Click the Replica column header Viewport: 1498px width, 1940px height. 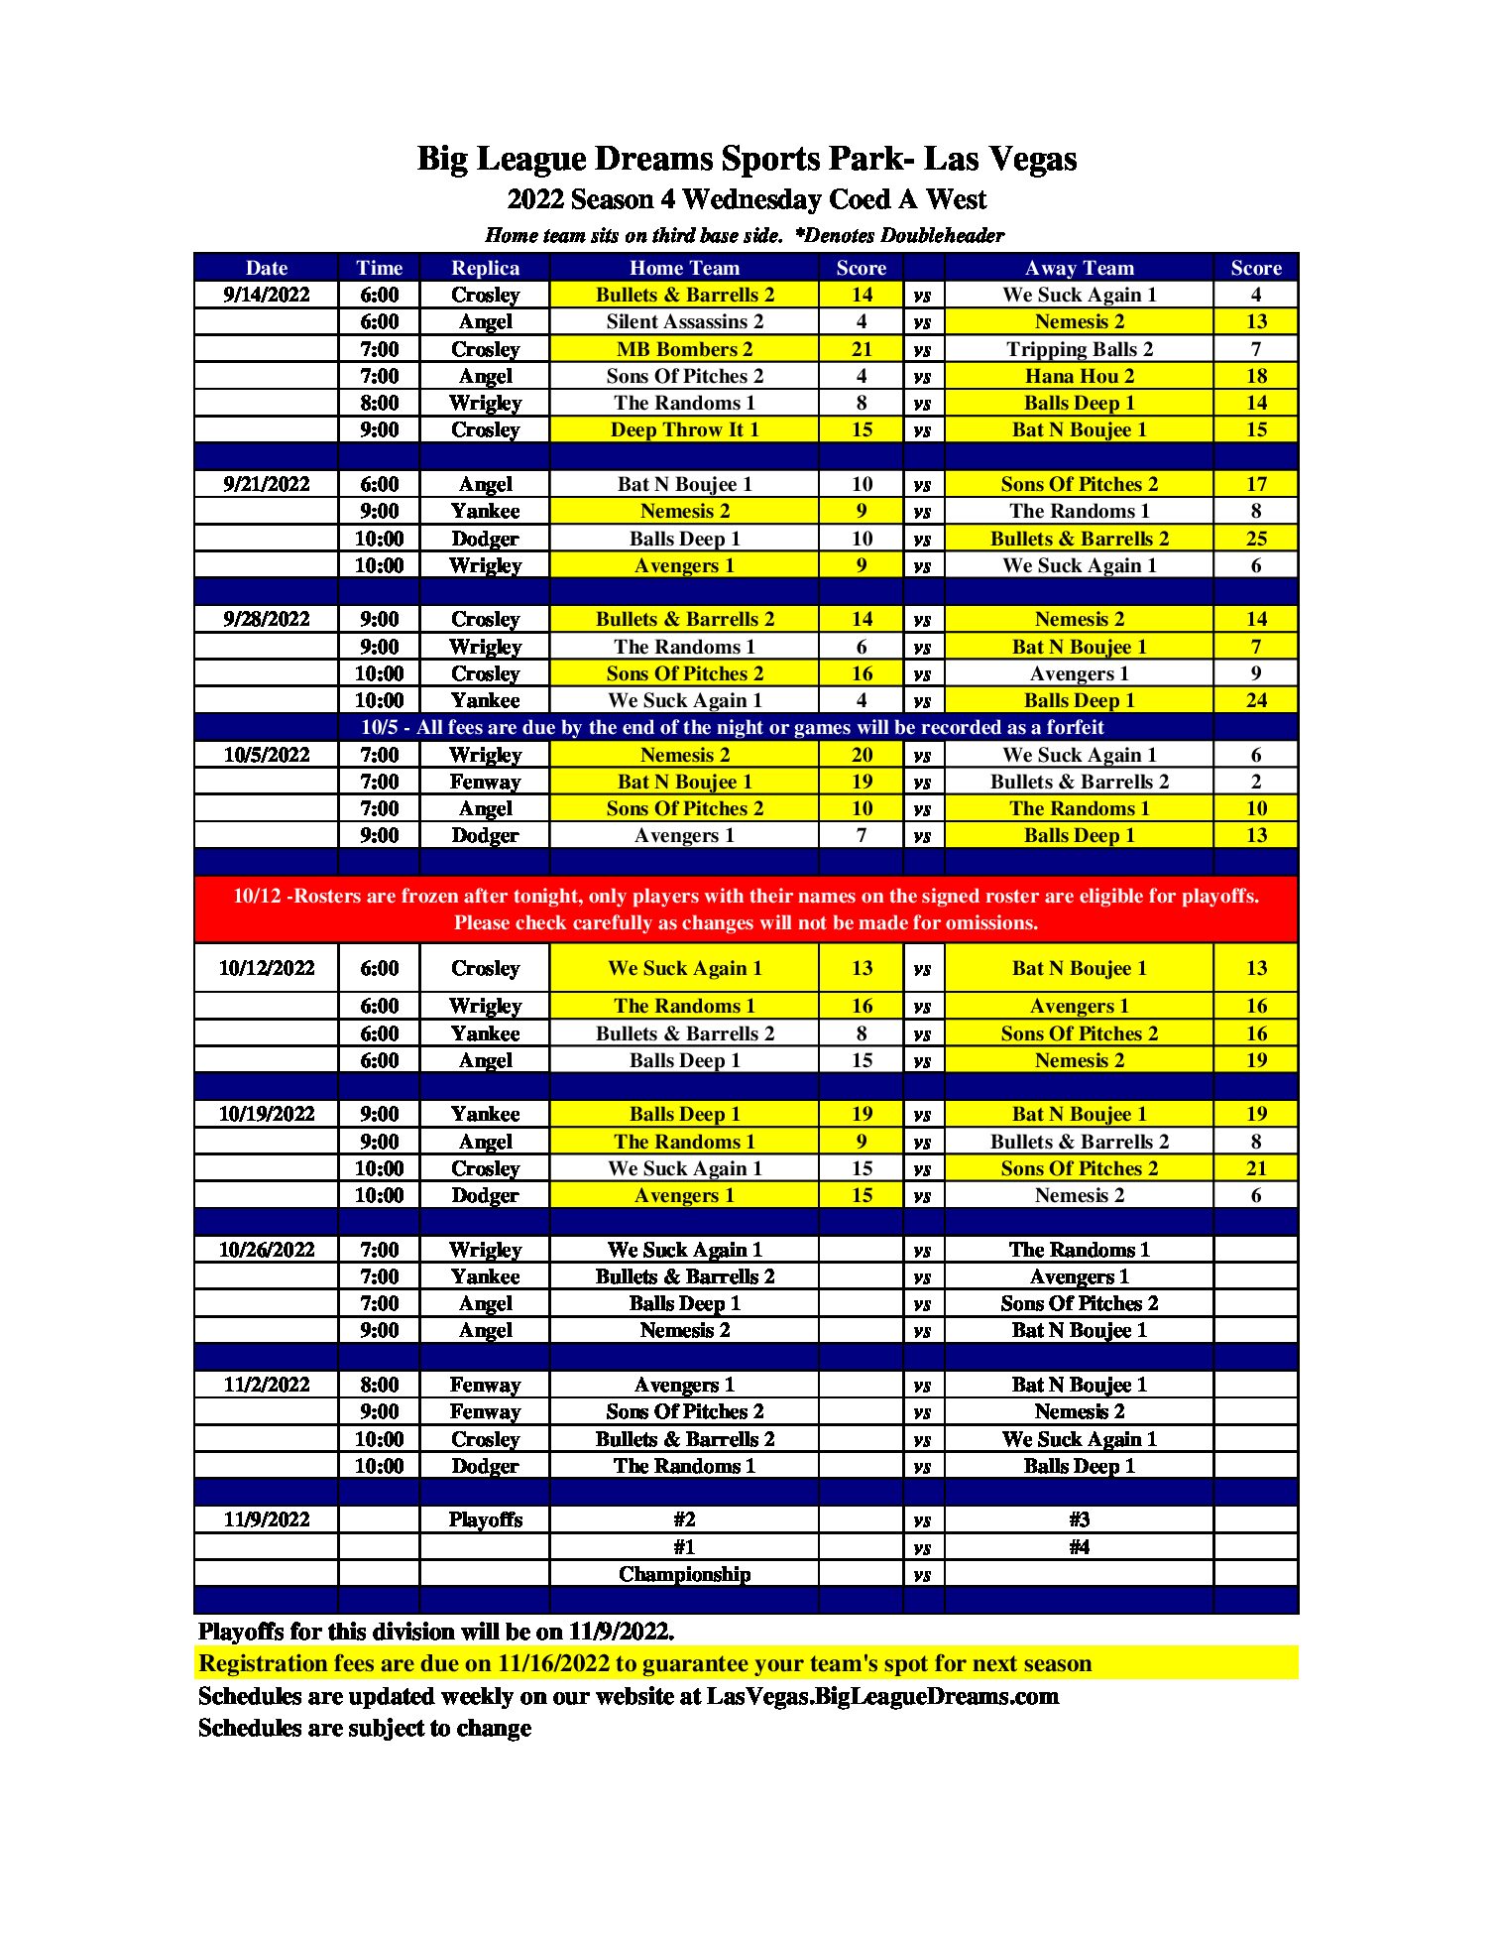[485, 268]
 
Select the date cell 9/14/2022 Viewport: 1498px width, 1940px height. [266, 295]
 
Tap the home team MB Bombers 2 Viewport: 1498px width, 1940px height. [684, 349]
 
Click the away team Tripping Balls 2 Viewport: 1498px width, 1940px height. [1079, 349]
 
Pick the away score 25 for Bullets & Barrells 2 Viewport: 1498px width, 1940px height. [1256, 539]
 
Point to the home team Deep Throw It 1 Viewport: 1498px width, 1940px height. [684, 429]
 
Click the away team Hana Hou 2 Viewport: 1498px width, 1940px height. [1079, 376]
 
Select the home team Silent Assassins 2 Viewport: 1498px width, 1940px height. [684, 321]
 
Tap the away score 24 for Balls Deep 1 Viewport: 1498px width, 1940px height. [1256, 700]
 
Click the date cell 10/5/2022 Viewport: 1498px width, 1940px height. [266, 755]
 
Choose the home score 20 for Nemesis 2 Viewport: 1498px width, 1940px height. [862, 755]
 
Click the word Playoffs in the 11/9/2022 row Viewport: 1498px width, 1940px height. [485, 1519]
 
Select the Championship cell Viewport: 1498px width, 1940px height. [684, 1574]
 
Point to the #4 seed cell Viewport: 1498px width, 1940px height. [1079, 1547]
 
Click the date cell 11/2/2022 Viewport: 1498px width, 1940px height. [266, 1385]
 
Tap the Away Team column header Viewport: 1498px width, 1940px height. [1079, 268]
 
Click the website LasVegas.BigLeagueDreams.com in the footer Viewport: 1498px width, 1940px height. [882, 1696]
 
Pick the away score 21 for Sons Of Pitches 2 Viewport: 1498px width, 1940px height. [1256, 1168]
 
